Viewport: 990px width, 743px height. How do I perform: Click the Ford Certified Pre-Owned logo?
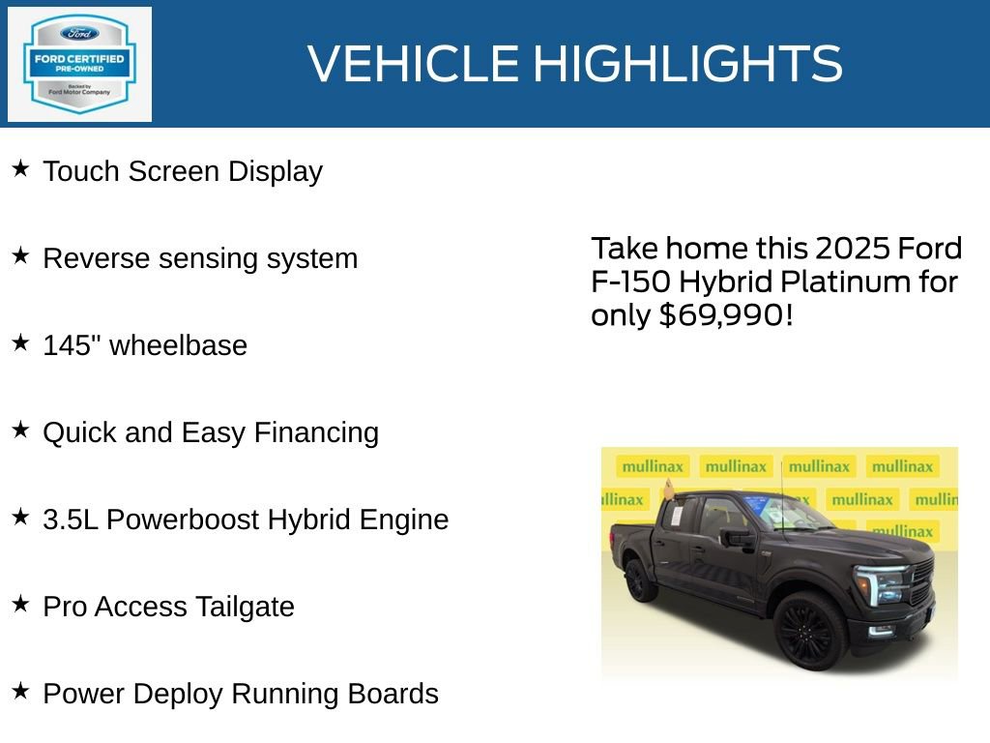tap(79, 64)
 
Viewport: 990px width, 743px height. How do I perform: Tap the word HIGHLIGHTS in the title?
tap(687, 64)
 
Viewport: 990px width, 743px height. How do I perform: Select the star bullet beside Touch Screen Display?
tap(20, 169)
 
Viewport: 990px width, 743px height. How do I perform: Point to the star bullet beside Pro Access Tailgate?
tap(20, 605)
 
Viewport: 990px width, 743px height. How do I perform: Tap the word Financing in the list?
tap(316, 432)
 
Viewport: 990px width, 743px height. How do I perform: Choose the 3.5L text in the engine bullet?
tap(71, 520)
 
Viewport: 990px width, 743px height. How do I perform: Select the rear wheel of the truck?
tap(639, 580)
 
